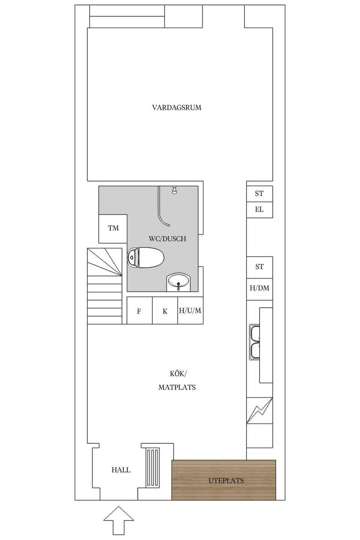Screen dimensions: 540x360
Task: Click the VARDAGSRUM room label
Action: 177,108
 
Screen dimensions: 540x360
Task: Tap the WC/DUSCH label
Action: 167,239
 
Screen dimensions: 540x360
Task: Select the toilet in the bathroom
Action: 146,258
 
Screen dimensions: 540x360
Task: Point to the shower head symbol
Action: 174,190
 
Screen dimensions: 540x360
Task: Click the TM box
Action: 113,228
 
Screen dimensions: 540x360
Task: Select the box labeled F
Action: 139,311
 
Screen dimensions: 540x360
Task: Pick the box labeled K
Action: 165,311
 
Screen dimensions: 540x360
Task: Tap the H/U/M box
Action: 190,310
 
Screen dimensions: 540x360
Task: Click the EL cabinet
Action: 259,210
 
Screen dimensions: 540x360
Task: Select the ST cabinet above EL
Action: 259,193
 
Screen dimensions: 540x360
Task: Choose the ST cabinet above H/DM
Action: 259,267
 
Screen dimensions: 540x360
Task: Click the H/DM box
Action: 259,288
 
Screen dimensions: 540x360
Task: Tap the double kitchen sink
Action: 255,342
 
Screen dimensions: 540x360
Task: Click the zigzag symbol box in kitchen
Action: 259,410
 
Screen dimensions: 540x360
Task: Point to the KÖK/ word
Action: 178,374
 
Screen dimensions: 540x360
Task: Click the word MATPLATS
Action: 177,387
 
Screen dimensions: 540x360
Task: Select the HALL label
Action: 121,470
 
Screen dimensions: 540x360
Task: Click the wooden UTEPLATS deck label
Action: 226,480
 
